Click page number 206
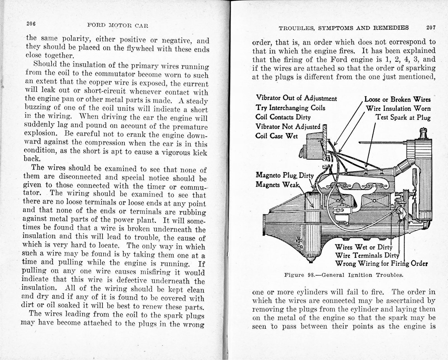click(31, 24)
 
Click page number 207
click(431, 28)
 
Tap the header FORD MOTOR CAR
click(118, 26)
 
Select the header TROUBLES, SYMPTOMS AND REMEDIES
click(344, 28)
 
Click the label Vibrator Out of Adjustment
click(296, 98)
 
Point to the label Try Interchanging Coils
click(290, 108)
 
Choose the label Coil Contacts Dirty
click(283, 117)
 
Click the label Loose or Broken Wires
click(397, 100)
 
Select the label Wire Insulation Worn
click(398, 109)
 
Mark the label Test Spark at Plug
click(403, 118)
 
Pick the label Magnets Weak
click(277, 185)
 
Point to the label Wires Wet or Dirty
click(363, 247)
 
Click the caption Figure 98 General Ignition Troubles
click(344, 275)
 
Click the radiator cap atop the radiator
click(423, 133)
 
